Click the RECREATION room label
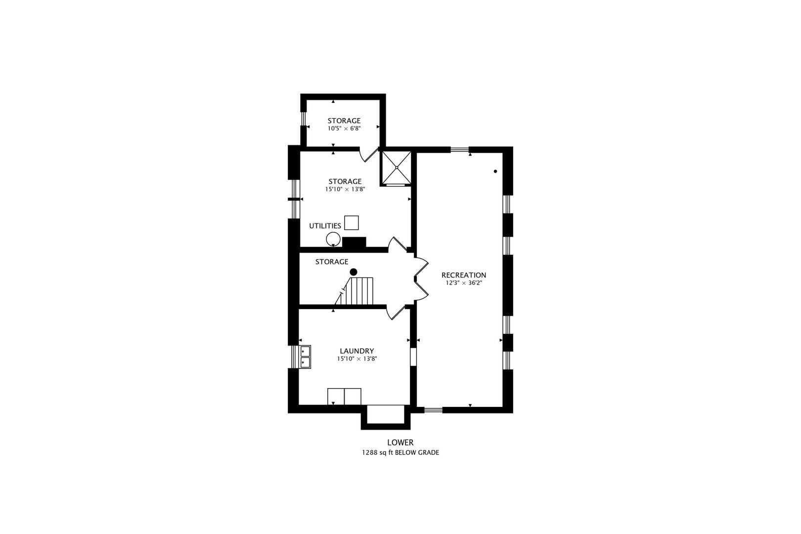tap(463, 275)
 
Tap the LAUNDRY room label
tap(357, 351)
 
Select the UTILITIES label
tap(325, 225)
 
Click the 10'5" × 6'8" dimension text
tap(344, 129)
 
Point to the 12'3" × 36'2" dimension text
tap(464, 283)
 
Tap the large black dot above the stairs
tap(354, 272)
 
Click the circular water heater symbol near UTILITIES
tap(333, 239)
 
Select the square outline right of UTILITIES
tap(351, 223)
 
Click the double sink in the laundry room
tap(306, 356)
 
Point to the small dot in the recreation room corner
tap(495, 171)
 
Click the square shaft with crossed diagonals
tap(397, 168)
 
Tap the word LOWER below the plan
tap(400, 443)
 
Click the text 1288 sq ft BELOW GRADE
tap(400, 452)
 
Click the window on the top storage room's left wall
tap(303, 118)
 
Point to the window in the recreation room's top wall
tap(459, 149)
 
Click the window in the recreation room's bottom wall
tap(433, 410)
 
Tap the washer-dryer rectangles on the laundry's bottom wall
tap(344, 397)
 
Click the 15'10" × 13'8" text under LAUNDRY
tap(357, 359)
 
